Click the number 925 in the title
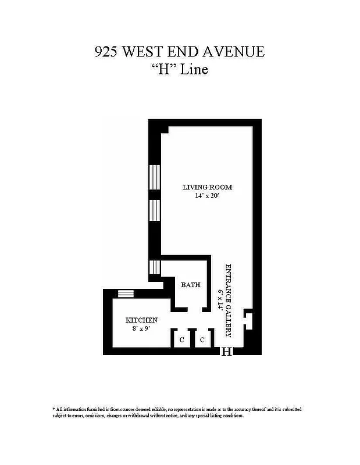coord(107,52)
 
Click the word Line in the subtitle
coord(193,69)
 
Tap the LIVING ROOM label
coord(207,187)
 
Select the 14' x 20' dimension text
coord(207,196)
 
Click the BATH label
coord(190,285)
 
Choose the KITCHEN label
coord(141,320)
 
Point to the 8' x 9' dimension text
coord(141,328)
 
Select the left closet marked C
coord(181,339)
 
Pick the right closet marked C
coord(202,339)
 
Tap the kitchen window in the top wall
coord(126,294)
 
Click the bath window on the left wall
coord(154,267)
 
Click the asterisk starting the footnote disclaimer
coord(54,409)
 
